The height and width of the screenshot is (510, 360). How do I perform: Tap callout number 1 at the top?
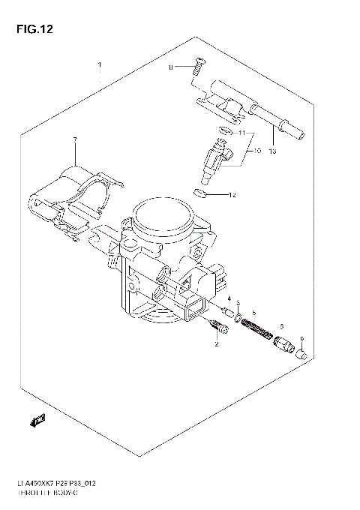coord(98,66)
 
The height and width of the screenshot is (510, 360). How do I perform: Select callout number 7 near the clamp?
coord(75,140)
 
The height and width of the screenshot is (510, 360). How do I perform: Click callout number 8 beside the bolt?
coord(170,67)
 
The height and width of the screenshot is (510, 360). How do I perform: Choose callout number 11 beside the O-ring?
coord(241,133)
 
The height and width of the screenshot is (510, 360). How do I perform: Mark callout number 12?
coord(232,195)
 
